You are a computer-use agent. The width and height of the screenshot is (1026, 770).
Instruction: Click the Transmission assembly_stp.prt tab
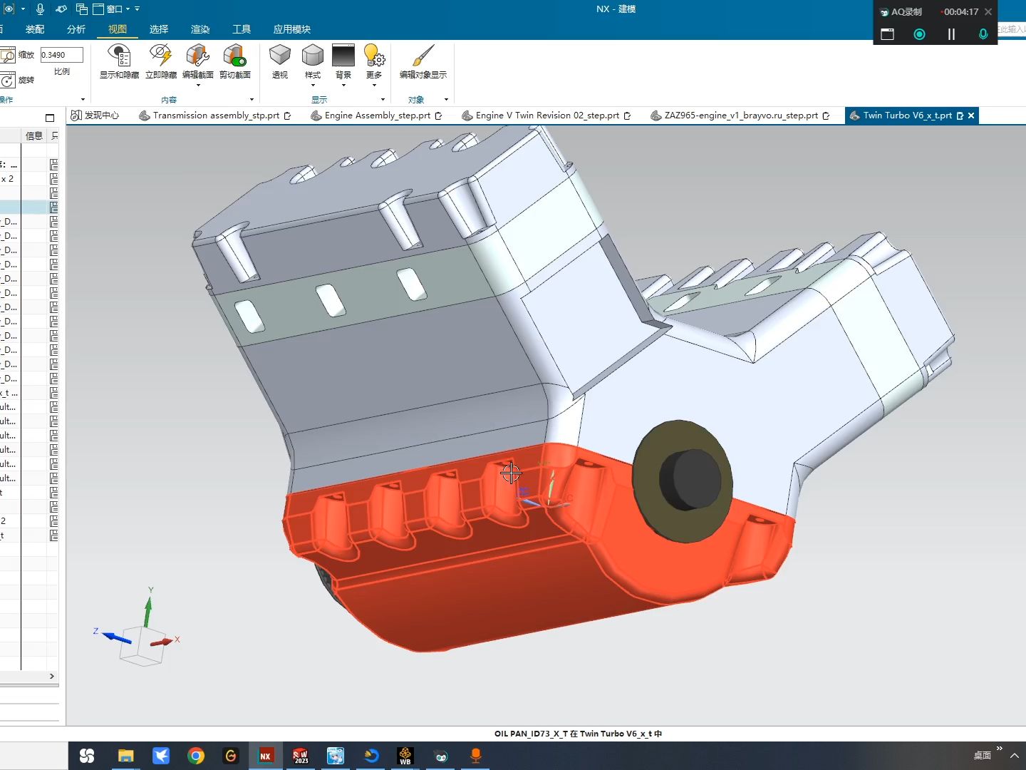215,115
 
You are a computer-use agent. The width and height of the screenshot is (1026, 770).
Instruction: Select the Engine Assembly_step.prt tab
377,115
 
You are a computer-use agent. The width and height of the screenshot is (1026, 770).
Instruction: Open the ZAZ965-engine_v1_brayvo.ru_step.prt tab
740,115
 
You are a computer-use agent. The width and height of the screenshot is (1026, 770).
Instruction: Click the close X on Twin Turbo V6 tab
971,115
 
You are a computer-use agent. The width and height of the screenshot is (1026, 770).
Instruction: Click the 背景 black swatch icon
343,56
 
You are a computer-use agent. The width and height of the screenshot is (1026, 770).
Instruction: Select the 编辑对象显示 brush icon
423,56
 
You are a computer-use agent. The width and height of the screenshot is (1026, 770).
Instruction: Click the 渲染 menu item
200,29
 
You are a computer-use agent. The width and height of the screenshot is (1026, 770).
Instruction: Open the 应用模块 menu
291,29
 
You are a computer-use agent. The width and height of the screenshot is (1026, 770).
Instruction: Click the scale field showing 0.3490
61,55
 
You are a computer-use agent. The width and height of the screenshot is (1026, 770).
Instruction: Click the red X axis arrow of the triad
163,642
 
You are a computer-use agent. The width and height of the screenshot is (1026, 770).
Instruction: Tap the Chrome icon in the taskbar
196,756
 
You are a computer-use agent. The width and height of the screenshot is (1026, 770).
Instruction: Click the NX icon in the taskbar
265,756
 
